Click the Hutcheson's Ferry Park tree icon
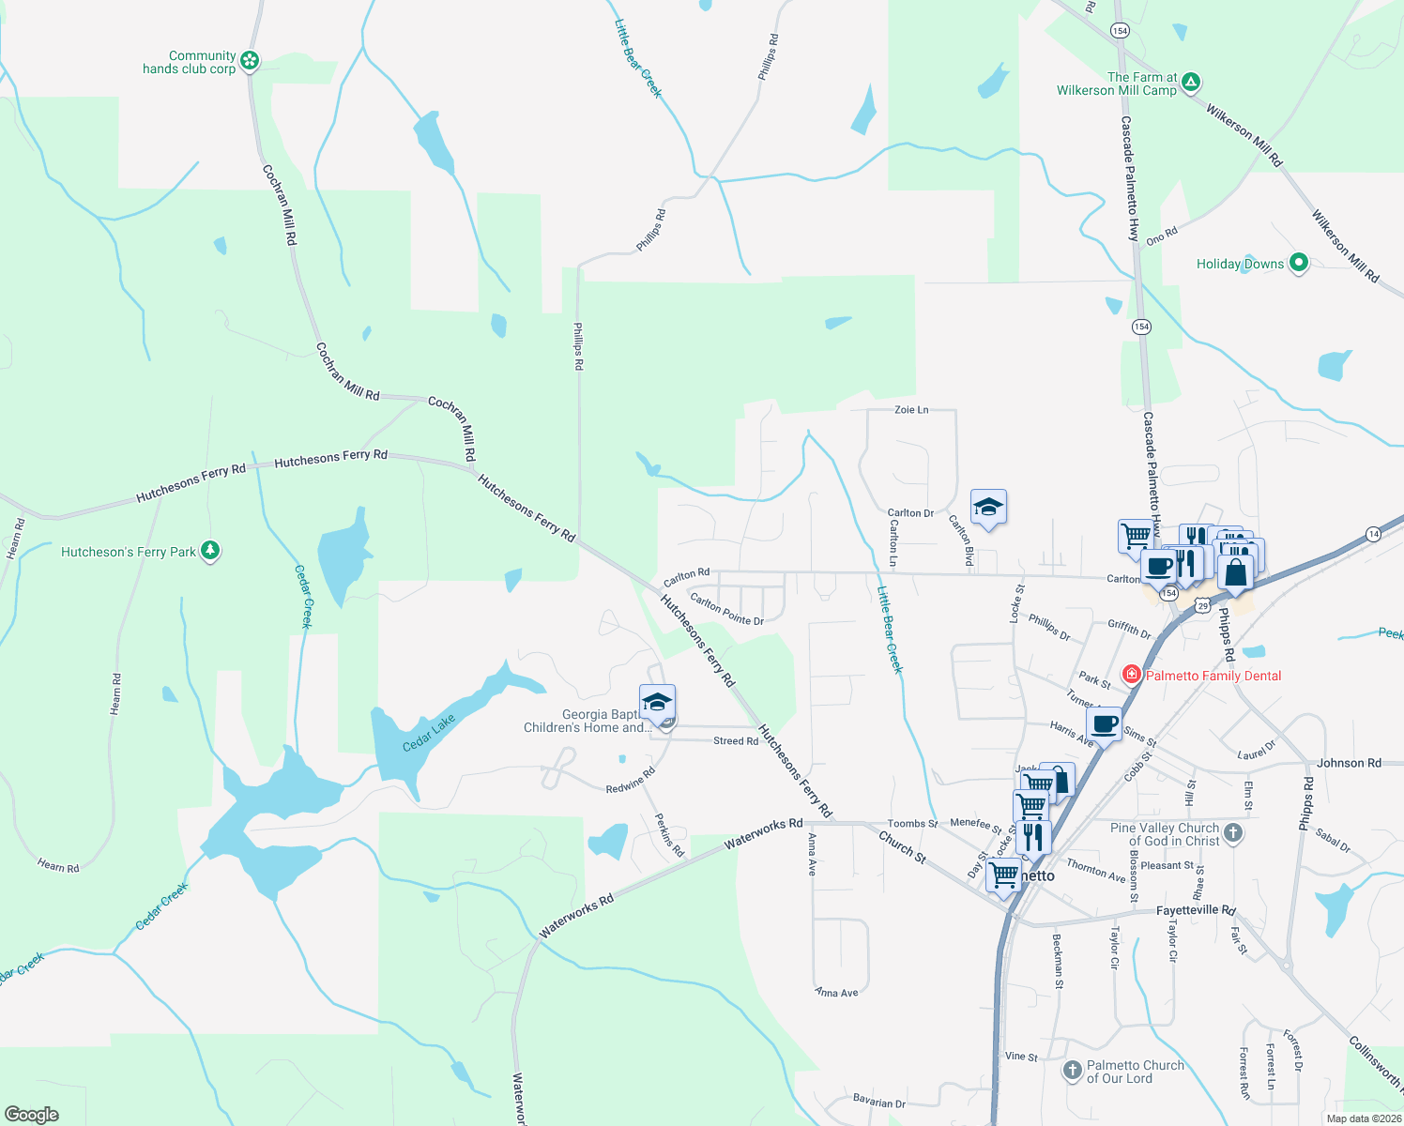[210, 551]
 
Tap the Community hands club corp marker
[249, 62]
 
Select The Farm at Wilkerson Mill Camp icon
[1190, 83]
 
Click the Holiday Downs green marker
[1299, 263]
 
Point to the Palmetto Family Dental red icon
[1132, 675]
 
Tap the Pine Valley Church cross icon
[1233, 832]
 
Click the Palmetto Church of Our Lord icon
[1072, 1070]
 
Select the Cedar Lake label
[429, 732]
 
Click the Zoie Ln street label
[911, 410]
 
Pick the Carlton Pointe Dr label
[726, 608]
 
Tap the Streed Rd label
[736, 741]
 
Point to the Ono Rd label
[1161, 236]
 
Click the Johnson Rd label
[1349, 763]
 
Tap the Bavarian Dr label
[879, 1102]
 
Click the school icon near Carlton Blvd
[988, 508]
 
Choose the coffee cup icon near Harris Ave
[1105, 724]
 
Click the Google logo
[32, 1115]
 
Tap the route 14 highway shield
[1374, 533]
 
